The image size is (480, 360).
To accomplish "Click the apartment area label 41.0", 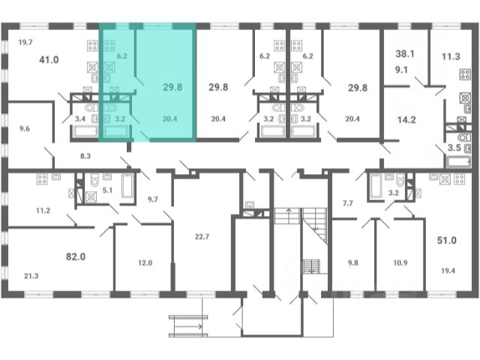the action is pyautogui.click(x=49, y=59).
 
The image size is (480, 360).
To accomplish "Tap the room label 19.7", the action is pyautogui.click(x=25, y=42).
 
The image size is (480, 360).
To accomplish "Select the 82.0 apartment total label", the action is pyautogui.click(x=76, y=256).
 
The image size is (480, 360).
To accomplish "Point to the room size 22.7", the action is pyautogui.click(x=202, y=237).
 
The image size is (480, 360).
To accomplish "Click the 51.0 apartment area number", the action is pyautogui.click(x=447, y=240).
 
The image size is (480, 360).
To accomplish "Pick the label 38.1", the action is pyautogui.click(x=405, y=54).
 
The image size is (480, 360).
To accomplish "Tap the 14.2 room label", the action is pyautogui.click(x=406, y=120).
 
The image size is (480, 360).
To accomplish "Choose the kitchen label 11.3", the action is pyautogui.click(x=451, y=56).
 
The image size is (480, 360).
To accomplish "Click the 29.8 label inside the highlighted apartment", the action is pyautogui.click(x=172, y=87).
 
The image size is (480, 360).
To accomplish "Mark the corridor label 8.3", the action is pyautogui.click(x=85, y=156).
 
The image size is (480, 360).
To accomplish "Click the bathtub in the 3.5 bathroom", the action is pyautogui.click(x=458, y=162).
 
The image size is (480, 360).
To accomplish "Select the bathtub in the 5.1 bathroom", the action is pyautogui.click(x=127, y=185).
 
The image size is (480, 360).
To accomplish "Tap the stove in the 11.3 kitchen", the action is pyautogui.click(x=465, y=74).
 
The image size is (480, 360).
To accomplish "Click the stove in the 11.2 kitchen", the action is pyautogui.click(x=42, y=179).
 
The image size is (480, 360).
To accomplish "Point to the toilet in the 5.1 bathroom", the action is pyautogui.click(x=94, y=180).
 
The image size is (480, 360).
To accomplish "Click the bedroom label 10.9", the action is pyautogui.click(x=400, y=262).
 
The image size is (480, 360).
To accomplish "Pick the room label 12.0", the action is pyautogui.click(x=145, y=262).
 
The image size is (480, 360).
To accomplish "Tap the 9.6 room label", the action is pyautogui.click(x=25, y=128).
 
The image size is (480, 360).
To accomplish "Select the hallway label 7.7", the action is pyautogui.click(x=348, y=203).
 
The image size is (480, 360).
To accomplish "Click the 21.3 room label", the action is pyautogui.click(x=31, y=276).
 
